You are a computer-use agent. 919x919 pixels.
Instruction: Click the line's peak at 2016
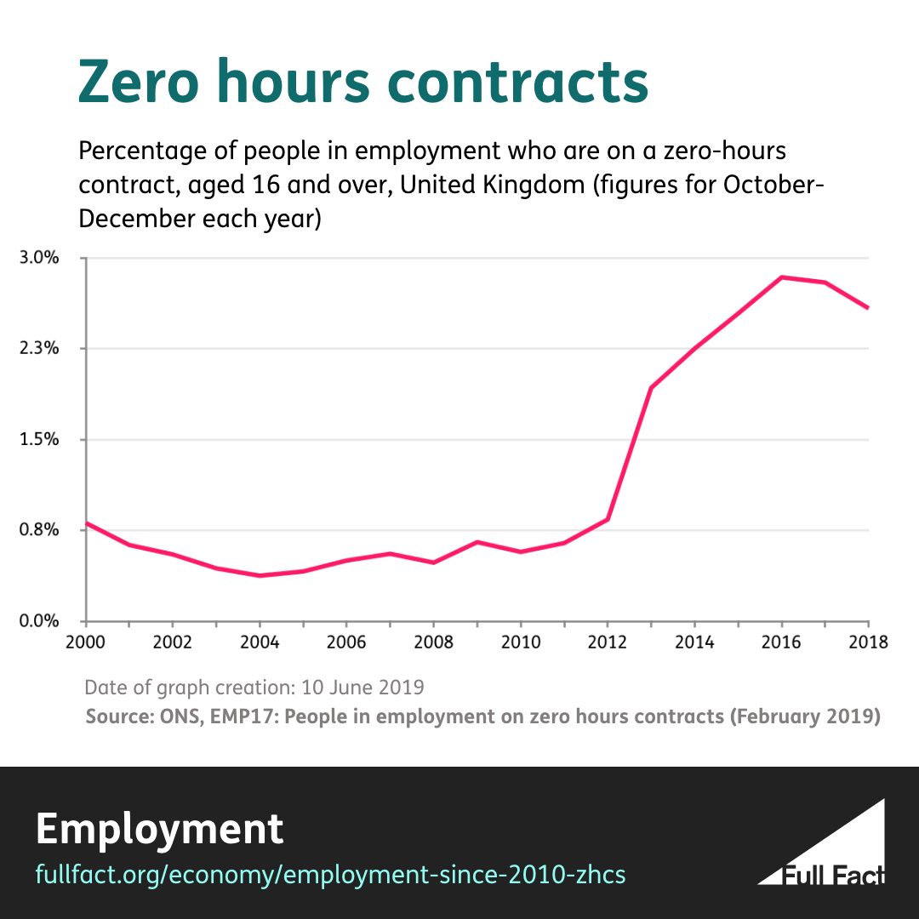(x=781, y=277)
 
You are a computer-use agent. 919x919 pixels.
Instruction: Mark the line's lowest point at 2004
(x=260, y=576)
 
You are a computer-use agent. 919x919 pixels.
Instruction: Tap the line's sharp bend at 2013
(x=651, y=388)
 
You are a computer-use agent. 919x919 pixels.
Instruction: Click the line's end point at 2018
(x=868, y=308)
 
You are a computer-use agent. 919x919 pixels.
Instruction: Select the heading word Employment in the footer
(x=159, y=828)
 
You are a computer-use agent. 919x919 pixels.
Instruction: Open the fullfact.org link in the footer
(x=330, y=874)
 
